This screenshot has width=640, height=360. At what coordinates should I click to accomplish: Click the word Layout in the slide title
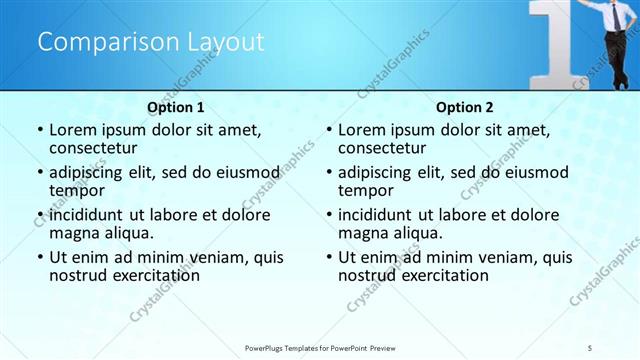(x=225, y=42)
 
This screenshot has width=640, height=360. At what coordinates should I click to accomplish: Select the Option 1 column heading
(x=176, y=106)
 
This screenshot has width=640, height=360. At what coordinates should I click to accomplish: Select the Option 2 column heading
(x=465, y=106)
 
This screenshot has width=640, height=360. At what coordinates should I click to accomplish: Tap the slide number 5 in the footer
(x=591, y=346)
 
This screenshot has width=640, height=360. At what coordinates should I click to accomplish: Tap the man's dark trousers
(x=614, y=60)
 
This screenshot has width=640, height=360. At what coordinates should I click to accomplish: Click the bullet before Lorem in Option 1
(x=39, y=130)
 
